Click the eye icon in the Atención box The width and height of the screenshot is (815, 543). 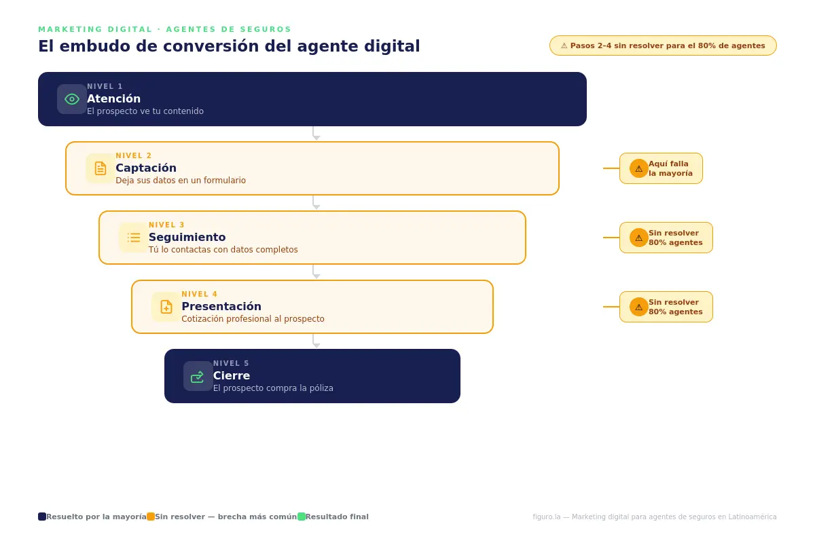point(72,99)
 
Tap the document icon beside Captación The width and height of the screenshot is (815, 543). point(101,168)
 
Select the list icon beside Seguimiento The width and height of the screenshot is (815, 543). point(134,238)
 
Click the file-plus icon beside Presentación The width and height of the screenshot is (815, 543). point(166,307)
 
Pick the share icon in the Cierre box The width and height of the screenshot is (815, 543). point(198,376)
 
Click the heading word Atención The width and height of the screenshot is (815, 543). point(113,98)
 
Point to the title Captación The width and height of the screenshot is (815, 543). point(146,168)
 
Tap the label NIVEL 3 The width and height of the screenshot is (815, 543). point(166,225)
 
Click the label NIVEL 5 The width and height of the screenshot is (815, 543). point(231,363)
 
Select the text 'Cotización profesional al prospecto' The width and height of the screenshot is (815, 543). point(253,319)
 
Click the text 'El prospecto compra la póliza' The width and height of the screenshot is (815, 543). point(273,388)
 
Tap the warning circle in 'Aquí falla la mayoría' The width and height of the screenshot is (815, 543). point(638,168)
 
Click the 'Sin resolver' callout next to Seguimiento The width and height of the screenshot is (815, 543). point(666,238)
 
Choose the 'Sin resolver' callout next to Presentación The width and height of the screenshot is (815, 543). point(666,307)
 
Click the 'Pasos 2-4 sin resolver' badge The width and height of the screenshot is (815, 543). point(663,45)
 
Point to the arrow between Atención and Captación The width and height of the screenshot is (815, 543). point(314,134)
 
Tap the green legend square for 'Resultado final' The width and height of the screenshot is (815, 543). point(302,517)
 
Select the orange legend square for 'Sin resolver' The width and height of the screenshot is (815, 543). point(151,517)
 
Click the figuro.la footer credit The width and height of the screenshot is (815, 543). point(654,517)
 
